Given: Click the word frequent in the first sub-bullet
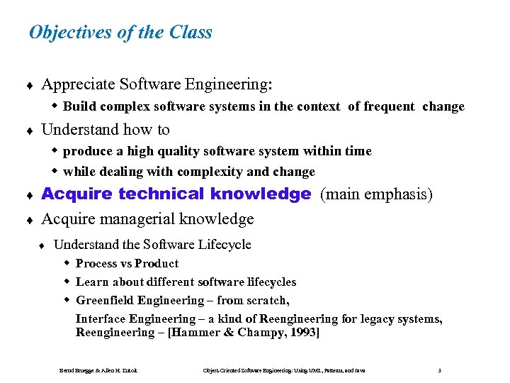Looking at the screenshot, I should tap(390, 106).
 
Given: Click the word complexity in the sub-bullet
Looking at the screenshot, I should tap(210, 172).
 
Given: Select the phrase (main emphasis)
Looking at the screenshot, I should tap(376, 194).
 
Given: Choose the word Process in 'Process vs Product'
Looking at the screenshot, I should tap(96, 263).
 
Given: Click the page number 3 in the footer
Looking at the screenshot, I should tap(441, 370).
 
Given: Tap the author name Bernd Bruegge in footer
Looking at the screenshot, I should tap(78, 370).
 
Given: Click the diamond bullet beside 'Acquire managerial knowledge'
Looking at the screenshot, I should tap(29, 220).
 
